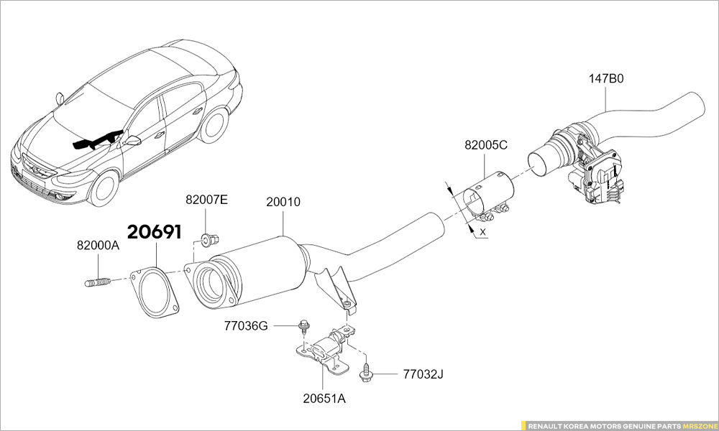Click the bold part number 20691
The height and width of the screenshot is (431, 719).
click(155, 232)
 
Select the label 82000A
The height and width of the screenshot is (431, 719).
click(98, 245)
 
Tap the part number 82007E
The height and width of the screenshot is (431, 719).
click(206, 200)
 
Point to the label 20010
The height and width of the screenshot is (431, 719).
click(283, 203)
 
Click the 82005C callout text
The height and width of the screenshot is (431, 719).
click(486, 144)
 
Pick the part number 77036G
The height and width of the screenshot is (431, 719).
click(246, 326)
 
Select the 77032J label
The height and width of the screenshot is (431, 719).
click(423, 374)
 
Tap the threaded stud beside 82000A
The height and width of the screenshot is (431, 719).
click(97, 282)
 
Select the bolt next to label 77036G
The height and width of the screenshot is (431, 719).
click(304, 327)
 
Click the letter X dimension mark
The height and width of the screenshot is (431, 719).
click(482, 233)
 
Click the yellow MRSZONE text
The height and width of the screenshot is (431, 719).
click(698, 426)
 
